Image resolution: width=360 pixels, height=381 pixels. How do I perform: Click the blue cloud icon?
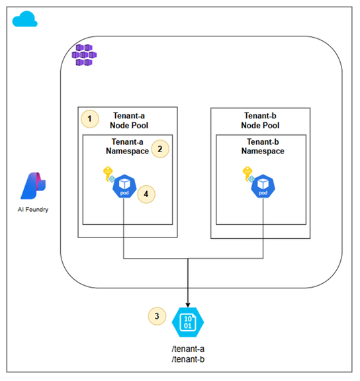pos(24,19)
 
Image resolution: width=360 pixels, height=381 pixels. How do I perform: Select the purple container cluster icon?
pos(84,55)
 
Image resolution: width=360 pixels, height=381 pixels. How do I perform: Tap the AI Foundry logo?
pos(33,186)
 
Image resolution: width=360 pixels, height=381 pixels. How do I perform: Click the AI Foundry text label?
pos(33,210)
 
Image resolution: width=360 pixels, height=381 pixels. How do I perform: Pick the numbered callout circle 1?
pos(90,119)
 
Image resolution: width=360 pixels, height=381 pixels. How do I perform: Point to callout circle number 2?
pos(160,149)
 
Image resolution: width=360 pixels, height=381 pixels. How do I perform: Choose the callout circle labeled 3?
pos(157,316)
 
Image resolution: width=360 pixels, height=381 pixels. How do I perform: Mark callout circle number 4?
pos(146,194)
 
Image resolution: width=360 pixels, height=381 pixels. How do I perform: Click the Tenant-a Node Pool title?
pos(129,120)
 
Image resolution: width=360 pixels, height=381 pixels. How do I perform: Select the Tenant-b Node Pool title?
pos(260,120)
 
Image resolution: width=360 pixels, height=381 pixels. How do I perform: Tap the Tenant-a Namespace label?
pos(127,146)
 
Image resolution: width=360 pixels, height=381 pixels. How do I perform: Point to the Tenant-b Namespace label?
pos(263,146)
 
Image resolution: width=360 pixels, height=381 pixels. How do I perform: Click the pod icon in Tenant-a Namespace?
pos(124,187)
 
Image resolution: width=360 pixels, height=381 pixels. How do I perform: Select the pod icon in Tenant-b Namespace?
pos(263,187)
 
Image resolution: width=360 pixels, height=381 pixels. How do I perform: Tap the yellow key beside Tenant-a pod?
pos(108,173)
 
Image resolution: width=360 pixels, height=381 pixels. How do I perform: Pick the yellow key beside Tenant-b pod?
pos(247,173)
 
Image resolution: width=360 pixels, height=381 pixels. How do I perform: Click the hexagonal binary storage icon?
pos(188,322)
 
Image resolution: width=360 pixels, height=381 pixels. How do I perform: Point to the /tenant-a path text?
pos(188,349)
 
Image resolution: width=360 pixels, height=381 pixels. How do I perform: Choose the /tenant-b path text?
pos(188,359)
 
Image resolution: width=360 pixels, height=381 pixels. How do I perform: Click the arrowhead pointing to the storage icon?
pos(188,305)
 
